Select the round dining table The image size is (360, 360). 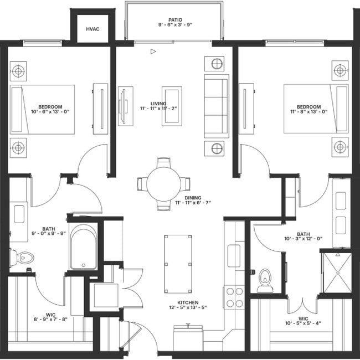(164, 184)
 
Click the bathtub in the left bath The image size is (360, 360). (84, 248)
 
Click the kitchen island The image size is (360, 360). (178, 263)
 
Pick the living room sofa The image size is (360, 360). (217, 105)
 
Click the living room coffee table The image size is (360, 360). (172, 105)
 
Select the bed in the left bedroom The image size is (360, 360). (43, 109)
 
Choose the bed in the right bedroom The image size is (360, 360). (316, 109)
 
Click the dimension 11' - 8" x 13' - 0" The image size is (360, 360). (308, 112)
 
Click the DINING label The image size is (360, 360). (193, 198)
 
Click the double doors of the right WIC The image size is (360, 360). (303, 305)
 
